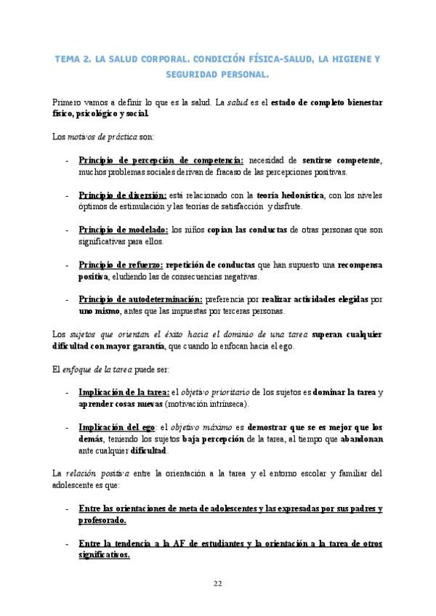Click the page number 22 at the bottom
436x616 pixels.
(x=218, y=583)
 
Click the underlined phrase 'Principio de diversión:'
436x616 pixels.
(x=123, y=195)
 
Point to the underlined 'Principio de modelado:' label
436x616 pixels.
(x=124, y=229)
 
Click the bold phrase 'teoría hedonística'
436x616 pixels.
(x=290, y=195)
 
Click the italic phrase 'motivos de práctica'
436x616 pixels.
(x=107, y=137)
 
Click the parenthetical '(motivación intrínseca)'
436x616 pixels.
(x=206, y=404)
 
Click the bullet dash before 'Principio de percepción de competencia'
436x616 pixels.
(x=67, y=160)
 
